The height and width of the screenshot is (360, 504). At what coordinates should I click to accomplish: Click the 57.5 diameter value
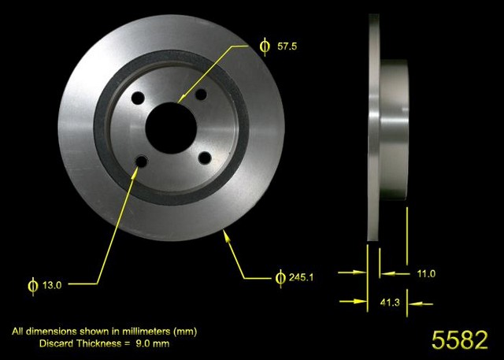click(287, 46)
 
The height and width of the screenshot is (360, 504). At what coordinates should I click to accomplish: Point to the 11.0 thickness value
click(426, 273)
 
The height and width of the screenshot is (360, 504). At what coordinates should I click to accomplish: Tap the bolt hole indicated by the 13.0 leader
click(142, 162)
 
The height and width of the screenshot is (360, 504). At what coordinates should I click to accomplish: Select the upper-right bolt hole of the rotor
click(201, 95)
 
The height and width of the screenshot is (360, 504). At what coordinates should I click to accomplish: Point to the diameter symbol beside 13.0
click(31, 284)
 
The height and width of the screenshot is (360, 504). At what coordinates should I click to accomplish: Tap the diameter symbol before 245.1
click(280, 277)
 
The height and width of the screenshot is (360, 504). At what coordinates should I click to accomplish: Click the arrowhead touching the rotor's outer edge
click(228, 234)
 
